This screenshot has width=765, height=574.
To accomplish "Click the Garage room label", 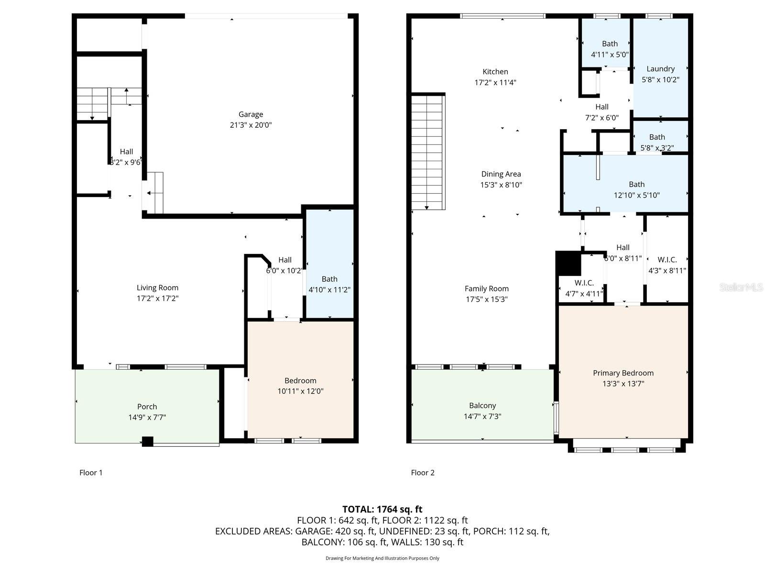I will [251, 114].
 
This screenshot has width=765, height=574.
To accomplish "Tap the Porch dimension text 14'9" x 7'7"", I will [147, 417].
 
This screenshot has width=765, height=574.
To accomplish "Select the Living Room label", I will [157, 287].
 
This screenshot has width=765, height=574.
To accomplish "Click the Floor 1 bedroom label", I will [300, 381].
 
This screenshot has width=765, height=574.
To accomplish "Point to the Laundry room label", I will [660, 69].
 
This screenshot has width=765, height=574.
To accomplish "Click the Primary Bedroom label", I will [623, 373].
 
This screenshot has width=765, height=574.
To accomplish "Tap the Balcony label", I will [482, 406].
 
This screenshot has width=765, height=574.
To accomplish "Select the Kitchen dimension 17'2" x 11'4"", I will [495, 82].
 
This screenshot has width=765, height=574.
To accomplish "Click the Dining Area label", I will [501, 174].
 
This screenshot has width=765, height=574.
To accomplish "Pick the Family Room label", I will [486, 288].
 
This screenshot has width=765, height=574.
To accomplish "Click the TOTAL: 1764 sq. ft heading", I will [382, 509].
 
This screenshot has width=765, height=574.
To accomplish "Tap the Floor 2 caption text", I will [423, 473].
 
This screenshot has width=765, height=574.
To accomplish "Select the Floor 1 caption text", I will [91, 473].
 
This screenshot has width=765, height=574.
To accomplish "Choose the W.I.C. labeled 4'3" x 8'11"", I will [667, 260].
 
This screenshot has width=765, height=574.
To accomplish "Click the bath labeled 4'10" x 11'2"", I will [329, 279].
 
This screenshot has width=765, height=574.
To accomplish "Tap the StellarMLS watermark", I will [741, 287].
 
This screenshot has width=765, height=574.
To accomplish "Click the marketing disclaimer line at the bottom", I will [382, 558].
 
